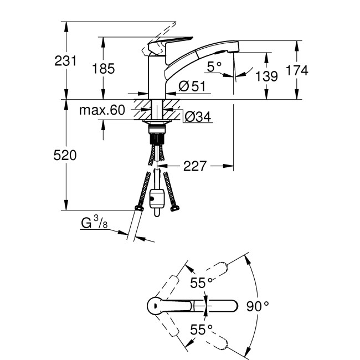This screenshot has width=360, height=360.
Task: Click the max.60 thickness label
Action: (101, 110)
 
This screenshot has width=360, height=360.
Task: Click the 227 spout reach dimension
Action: (196, 166)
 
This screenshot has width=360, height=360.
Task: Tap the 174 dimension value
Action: (297, 70)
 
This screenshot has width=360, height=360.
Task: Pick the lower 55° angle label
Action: (202, 329)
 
